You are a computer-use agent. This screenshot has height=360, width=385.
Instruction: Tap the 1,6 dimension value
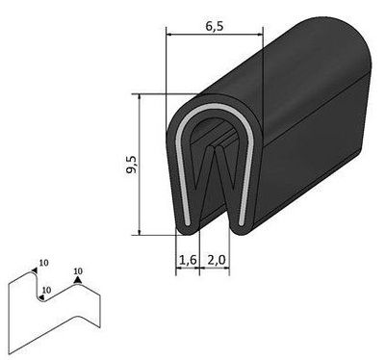(x=188, y=260)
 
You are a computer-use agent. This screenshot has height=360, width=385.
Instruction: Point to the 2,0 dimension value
(x=216, y=260)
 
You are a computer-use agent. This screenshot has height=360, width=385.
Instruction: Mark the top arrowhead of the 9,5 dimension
(x=141, y=98)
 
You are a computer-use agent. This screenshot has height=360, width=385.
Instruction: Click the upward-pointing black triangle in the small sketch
(x=78, y=281)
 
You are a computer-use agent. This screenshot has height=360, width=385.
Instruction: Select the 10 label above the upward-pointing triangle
(x=78, y=271)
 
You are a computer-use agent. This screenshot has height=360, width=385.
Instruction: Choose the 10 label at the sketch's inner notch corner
(x=46, y=289)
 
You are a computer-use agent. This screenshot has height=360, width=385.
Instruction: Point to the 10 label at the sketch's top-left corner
(x=42, y=262)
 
